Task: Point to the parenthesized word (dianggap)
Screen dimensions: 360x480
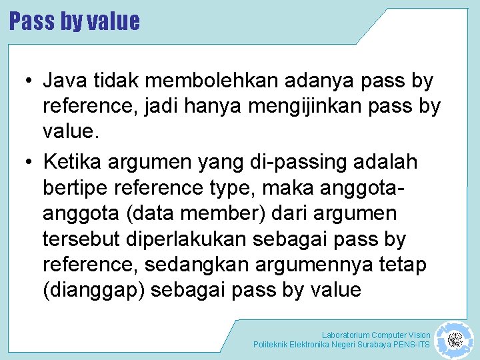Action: click(89, 291)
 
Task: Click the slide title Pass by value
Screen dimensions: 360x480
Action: click(75, 21)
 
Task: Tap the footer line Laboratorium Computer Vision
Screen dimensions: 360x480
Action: click(376, 335)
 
